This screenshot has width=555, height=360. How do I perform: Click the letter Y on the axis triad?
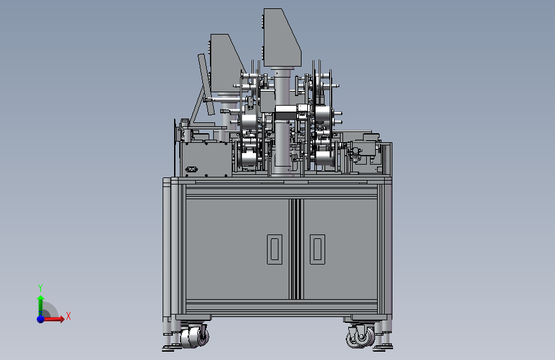coord(40,288)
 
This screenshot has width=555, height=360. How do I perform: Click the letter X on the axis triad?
coord(68,316)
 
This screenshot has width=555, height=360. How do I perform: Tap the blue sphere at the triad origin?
coord(41,319)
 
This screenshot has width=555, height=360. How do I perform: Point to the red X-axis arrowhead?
coord(62,319)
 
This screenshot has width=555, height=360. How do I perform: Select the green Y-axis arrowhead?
coord(41,298)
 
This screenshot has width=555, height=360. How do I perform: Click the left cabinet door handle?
coord(275,249)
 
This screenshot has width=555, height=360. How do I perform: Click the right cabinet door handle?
coord(318,249)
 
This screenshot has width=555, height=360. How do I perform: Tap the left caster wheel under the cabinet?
coord(194,336)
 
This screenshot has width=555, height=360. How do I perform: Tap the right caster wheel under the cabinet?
coord(360,336)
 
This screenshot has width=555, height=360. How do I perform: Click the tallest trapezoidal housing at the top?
coord(282,38)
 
